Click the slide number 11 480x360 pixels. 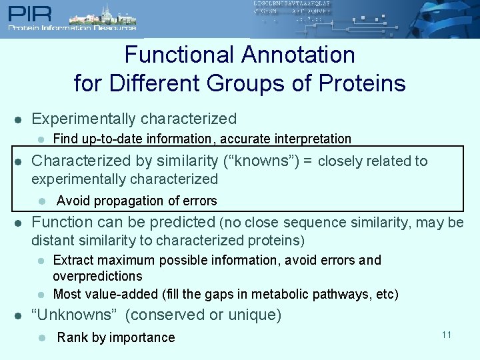(446, 334)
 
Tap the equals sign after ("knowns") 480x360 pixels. (308, 161)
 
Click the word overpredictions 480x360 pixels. (97, 276)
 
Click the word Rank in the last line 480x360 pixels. (72, 337)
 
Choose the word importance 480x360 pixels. (142, 337)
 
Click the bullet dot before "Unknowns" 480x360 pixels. (19, 315)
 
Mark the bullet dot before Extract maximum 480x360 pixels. (41, 261)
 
